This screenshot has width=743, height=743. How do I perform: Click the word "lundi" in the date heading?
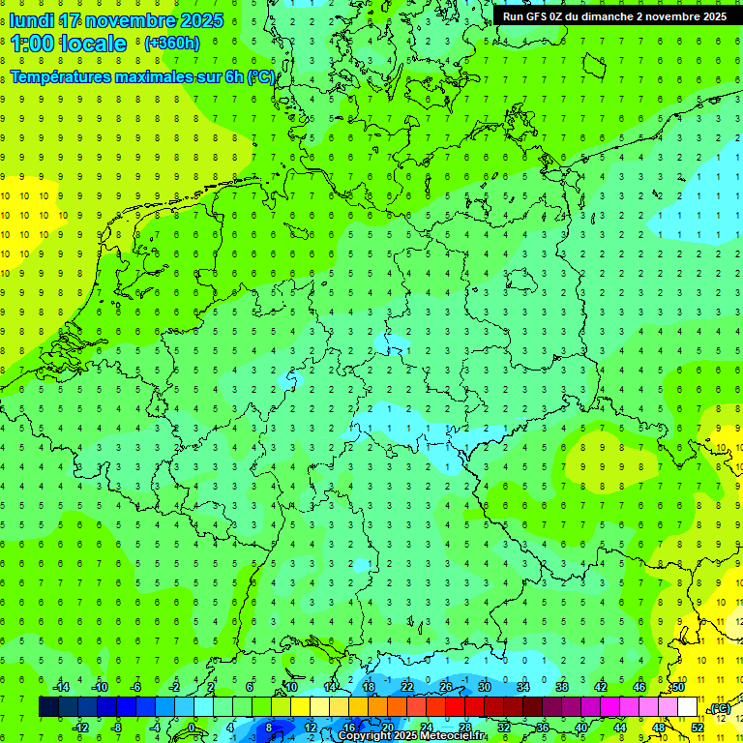pos(32,20)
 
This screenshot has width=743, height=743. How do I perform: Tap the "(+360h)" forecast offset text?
pos(171,43)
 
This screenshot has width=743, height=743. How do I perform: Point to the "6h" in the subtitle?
pos(233,76)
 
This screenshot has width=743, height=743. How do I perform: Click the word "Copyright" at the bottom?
pos(365,736)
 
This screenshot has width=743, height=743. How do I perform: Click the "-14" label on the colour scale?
pos(60,687)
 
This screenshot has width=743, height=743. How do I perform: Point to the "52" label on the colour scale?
pos(698,728)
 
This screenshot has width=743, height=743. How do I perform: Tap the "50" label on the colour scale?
pos(678,687)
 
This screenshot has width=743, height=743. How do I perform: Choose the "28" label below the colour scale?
pos(465,728)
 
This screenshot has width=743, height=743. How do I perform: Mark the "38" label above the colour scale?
pos(562,687)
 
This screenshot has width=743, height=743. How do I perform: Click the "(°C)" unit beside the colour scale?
pos(721,709)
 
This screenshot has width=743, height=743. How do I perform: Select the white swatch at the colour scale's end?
pos(687,707)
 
